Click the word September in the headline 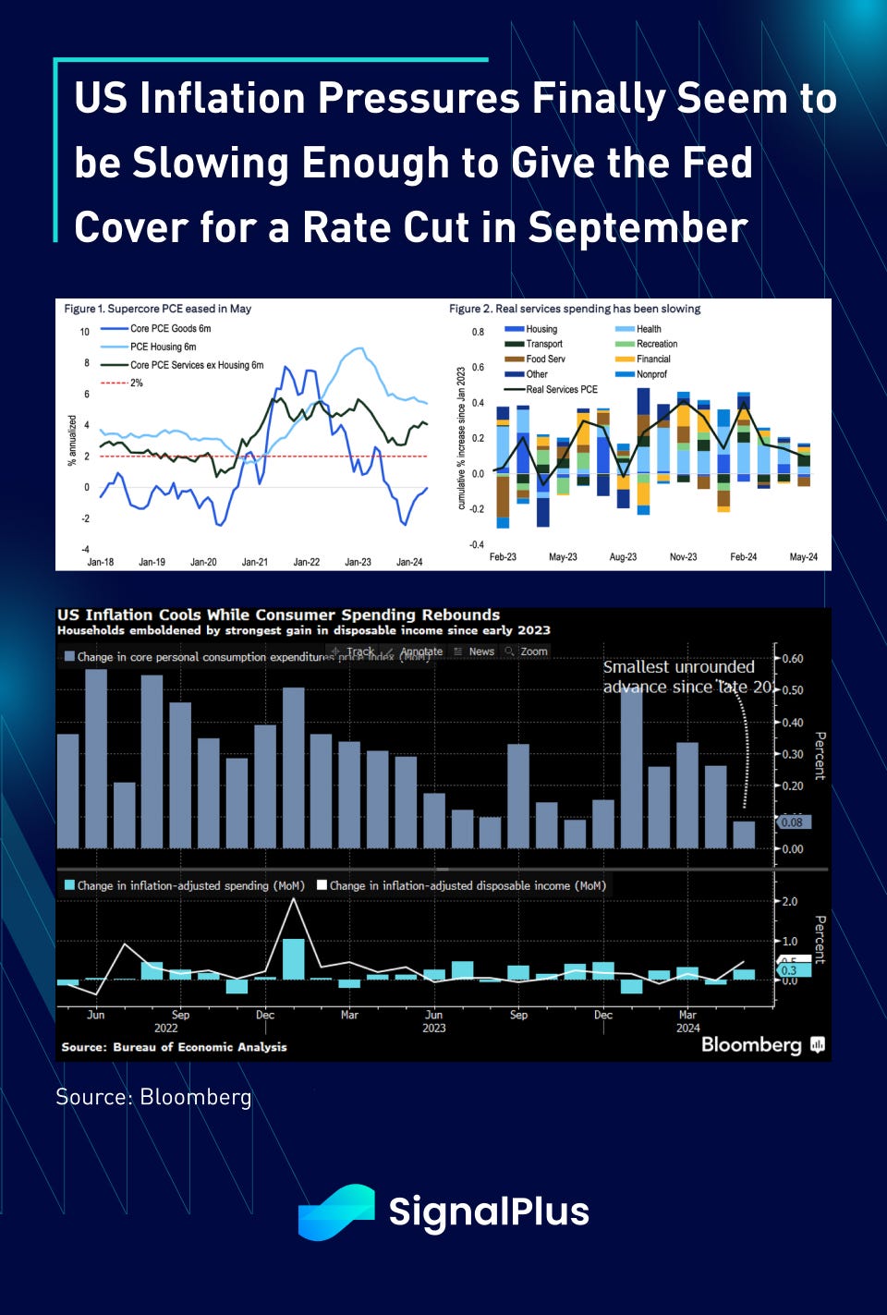pos(638,227)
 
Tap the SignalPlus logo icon pos(336,1212)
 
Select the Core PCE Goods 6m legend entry pos(170,328)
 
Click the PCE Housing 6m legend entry pos(163,347)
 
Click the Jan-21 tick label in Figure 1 pos(254,562)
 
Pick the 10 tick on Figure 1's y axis pos(85,332)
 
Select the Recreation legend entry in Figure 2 pos(657,344)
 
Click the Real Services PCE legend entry pos(562,389)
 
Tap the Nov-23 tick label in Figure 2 pos(683,557)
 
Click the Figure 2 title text pos(575,309)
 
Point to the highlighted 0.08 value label pos(792,822)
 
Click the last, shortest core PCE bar pos(744,834)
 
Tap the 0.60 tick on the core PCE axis pos(793,659)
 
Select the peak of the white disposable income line pos(294,898)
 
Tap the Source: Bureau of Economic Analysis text pos(174,1047)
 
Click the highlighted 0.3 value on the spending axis pos(789,970)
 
